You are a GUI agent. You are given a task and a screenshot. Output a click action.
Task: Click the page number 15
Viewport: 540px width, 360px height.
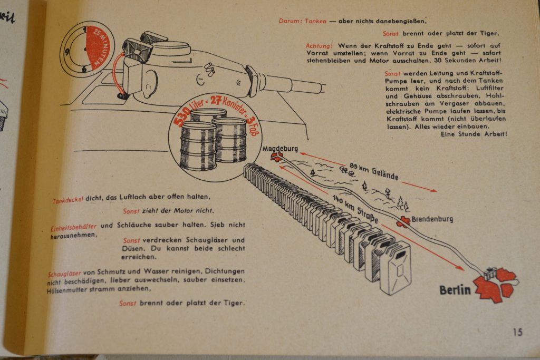517,332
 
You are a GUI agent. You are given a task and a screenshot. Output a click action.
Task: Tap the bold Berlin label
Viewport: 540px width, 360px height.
456,290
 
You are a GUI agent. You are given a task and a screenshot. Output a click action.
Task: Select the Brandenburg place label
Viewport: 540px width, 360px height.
432,219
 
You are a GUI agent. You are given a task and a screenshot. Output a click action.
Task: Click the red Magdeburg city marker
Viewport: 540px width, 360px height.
276,157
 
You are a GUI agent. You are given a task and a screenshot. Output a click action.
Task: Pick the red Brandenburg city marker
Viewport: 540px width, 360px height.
404,221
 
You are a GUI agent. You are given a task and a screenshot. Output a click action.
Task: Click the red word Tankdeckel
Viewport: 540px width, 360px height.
68,200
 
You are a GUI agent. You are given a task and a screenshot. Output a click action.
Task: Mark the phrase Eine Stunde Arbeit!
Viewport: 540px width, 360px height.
474,134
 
